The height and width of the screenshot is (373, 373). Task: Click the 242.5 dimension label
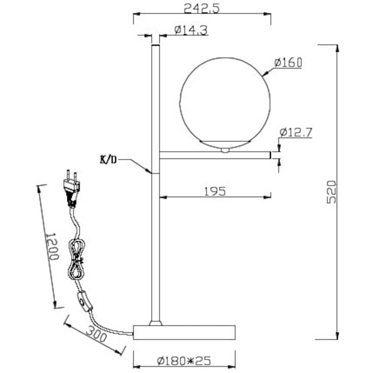click(x=201, y=9)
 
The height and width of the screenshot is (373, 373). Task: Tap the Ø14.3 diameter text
click(x=191, y=30)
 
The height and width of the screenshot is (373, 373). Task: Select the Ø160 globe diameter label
click(x=288, y=62)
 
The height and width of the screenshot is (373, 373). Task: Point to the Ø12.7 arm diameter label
click(x=296, y=133)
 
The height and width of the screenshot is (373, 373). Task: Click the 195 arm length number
click(x=215, y=191)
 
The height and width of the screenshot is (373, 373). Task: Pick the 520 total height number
click(x=331, y=192)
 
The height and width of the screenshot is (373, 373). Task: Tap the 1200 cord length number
click(x=51, y=246)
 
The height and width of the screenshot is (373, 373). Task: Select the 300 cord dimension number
click(x=96, y=334)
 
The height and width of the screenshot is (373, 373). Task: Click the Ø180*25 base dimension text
click(x=184, y=361)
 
